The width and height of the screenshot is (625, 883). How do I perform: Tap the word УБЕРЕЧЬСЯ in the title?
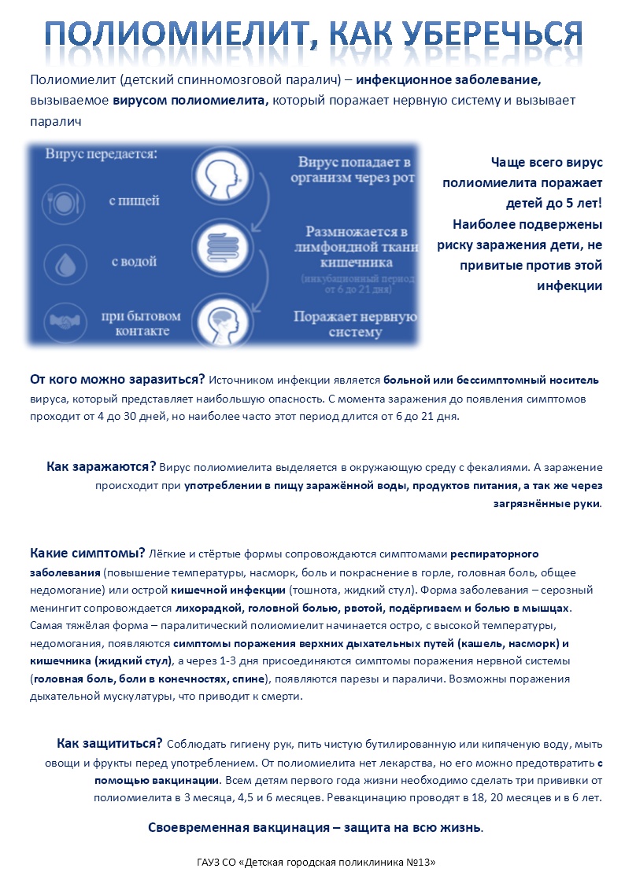pos(495,33)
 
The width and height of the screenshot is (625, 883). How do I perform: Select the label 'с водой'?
pos(133,261)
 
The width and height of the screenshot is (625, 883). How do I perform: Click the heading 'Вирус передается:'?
pos(100,153)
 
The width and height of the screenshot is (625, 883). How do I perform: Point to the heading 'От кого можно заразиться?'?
pos(117,379)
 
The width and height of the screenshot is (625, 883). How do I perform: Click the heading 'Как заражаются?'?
pos(101,466)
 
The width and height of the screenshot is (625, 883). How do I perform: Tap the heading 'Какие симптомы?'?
pos(87,554)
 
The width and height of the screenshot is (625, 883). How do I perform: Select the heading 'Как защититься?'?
pos(109,744)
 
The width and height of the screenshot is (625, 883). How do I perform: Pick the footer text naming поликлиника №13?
pos(316,863)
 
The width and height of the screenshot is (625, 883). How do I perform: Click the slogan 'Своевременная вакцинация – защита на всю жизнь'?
pos(316,827)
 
